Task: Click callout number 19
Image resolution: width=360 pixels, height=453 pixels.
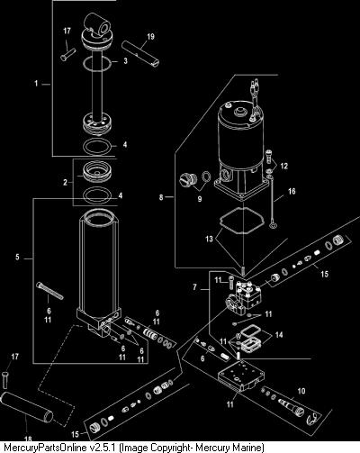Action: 150,37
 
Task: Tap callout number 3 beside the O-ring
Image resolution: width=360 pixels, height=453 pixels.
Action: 125,60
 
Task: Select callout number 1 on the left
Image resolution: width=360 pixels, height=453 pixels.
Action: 36,83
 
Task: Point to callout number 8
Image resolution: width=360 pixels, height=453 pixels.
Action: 161,197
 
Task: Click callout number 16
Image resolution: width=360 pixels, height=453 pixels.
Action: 292,191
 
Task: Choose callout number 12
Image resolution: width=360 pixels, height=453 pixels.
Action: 283,166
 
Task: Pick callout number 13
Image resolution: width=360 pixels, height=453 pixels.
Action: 209,239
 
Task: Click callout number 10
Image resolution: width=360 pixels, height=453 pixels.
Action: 301,391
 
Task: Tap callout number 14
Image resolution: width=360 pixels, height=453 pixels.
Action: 279,334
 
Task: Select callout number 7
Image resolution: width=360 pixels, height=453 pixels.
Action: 194,287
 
